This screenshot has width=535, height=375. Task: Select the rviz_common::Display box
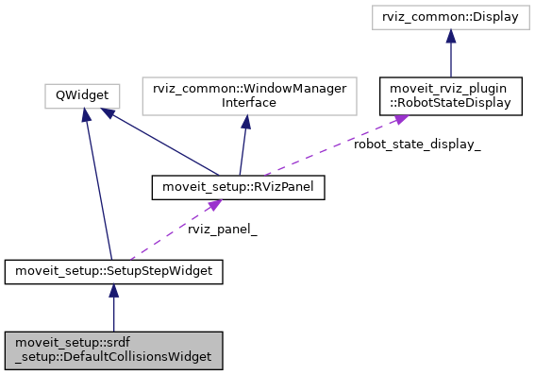(452, 17)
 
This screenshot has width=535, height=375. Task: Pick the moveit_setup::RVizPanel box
(239, 188)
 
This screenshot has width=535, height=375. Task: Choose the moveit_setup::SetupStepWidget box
(113, 272)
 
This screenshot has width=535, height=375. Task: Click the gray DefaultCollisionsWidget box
(113, 349)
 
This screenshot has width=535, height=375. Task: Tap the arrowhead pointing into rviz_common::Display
(452, 36)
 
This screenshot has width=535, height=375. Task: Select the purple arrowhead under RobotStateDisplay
(400, 119)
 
